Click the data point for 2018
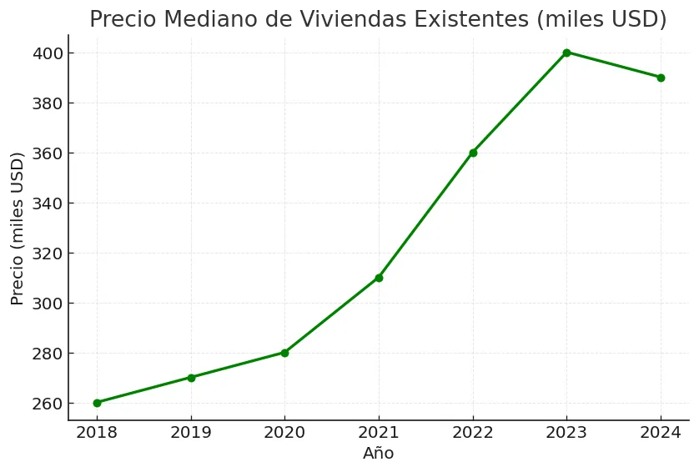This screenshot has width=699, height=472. click(x=97, y=403)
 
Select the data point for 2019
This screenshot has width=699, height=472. click(x=191, y=378)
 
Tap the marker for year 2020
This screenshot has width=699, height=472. click(x=284, y=353)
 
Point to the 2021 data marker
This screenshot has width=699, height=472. click(x=379, y=278)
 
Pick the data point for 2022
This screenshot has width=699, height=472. click(x=473, y=153)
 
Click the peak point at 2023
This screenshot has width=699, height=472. click(x=566, y=53)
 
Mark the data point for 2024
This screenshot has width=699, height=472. click(x=661, y=78)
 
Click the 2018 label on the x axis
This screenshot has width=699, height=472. click(x=97, y=434)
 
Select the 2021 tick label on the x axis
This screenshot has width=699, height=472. click(x=379, y=434)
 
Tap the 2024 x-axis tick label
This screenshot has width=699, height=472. click(x=661, y=434)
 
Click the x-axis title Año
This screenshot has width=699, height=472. click(x=378, y=454)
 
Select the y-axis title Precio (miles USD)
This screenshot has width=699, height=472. click(x=18, y=228)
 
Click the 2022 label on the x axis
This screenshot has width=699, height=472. click(x=473, y=434)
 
